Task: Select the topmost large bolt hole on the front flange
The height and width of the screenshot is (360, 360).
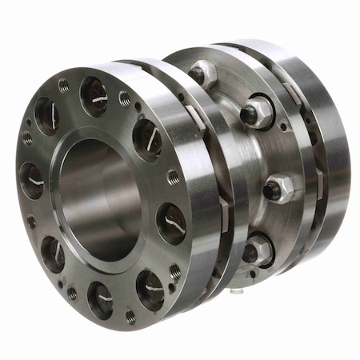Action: [94, 97]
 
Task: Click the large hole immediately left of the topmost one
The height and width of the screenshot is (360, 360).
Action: [46, 116]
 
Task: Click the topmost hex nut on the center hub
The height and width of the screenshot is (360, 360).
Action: [203, 74]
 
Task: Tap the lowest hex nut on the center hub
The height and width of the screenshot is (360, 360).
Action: [258, 251]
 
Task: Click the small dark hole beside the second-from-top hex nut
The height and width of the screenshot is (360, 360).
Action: [283, 126]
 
